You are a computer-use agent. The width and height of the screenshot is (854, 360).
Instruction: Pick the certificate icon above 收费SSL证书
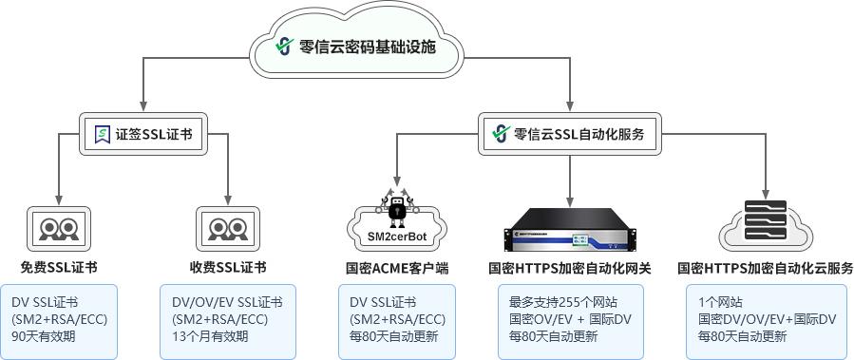[x=228, y=228]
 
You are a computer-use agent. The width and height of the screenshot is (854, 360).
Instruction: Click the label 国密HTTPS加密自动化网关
[x=569, y=268]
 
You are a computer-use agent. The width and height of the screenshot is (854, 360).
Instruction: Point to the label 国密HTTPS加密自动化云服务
[x=765, y=268]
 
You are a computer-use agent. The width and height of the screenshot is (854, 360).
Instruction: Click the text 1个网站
[x=721, y=302]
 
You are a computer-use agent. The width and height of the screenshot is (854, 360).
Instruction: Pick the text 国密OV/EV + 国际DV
[x=570, y=319]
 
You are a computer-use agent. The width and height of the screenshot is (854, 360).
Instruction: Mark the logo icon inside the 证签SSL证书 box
[x=102, y=135]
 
